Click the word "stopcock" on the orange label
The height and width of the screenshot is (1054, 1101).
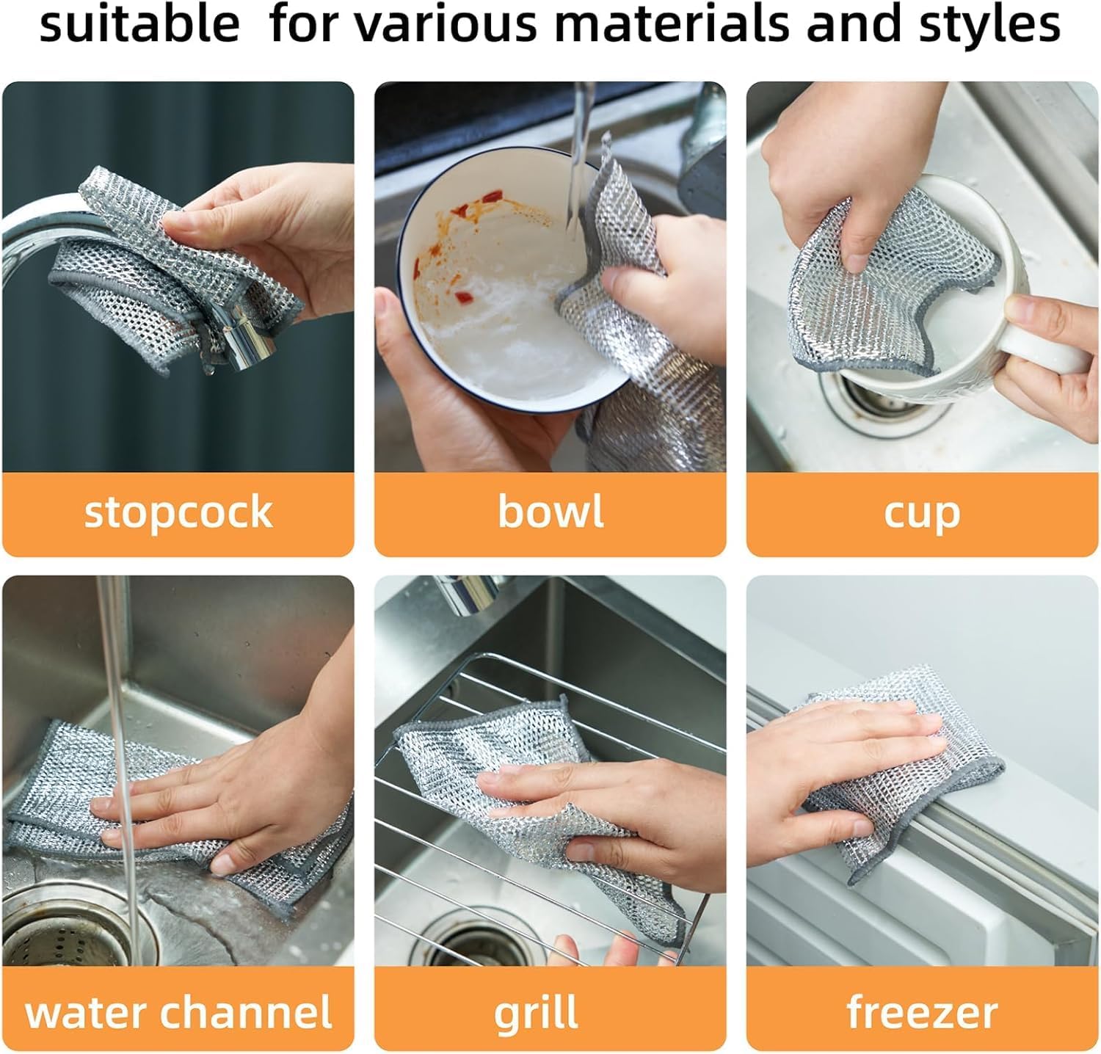click(178, 512)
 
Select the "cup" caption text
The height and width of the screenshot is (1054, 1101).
click(922, 513)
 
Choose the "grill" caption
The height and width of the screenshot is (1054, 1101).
click(535, 1014)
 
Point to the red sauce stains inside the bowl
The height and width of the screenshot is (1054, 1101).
click(470, 213)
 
